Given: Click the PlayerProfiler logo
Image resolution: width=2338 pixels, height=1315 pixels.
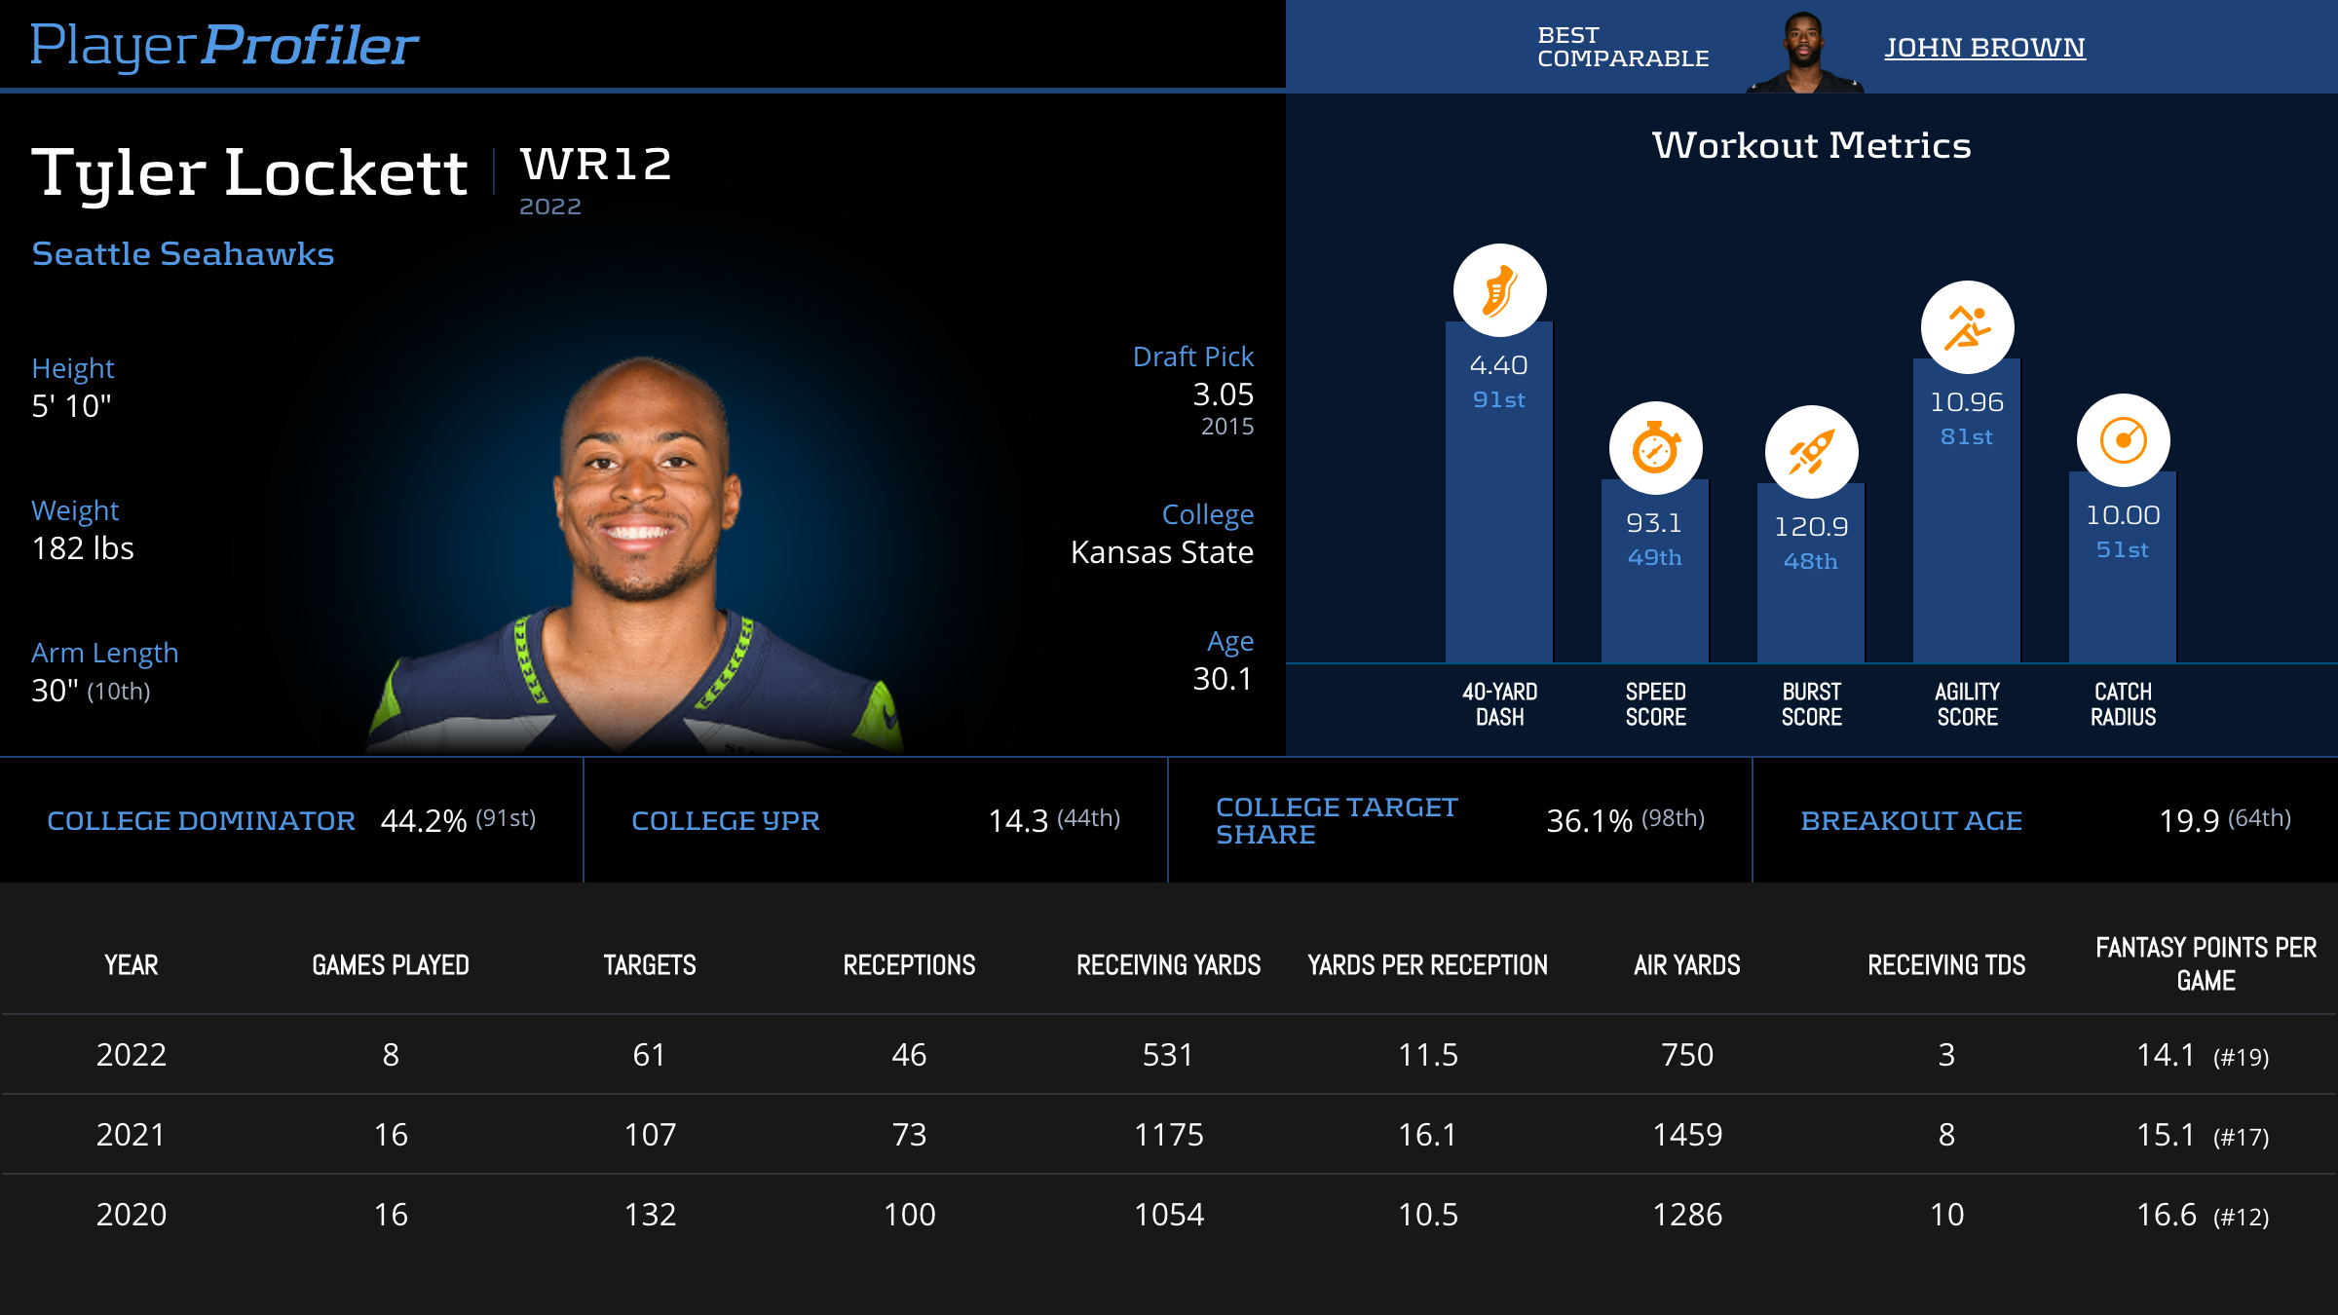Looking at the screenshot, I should pyautogui.click(x=224, y=45).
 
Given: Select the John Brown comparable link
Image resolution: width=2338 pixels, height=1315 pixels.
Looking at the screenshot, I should pyautogui.click(x=1984, y=48).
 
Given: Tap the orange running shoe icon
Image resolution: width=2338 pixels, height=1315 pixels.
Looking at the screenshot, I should pyautogui.click(x=1499, y=290).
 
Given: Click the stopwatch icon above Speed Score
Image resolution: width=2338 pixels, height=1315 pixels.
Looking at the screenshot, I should pyautogui.click(x=1655, y=448).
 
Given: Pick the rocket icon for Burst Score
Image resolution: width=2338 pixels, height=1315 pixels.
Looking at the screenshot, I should pyautogui.click(x=1811, y=452).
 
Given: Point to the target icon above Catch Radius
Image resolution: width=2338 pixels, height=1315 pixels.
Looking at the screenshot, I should pyautogui.click(x=2123, y=440).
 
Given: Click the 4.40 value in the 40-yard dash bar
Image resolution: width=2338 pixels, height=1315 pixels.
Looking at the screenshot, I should pyautogui.click(x=1498, y=365).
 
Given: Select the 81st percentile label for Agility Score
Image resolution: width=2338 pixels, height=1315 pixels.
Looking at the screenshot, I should pyautogui.click(x=1966, y=437).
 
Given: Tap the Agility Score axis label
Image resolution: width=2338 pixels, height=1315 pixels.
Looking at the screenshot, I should pyautogui.click(x=1967, y=704).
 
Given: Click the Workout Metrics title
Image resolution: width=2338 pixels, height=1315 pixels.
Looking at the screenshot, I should pyautogui.click(x=1811, y=145).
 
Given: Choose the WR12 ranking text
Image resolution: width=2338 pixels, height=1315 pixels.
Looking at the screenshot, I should pyautogui.click(x=595, y=164).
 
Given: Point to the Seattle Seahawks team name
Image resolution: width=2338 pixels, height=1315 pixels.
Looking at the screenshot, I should pyautogui.click(x=183, y=253).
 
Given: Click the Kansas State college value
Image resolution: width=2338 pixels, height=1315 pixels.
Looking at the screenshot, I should pyautogui.click(x=1161, y=552).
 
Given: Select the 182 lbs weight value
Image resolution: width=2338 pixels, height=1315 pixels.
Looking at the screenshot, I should pyautogui.click(x=83, y=548).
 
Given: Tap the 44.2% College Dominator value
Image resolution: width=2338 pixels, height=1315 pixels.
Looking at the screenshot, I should pyautogui.click(x=424, y=821).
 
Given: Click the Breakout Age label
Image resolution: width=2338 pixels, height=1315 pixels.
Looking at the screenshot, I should pyautogui.click(x=1911, y=821).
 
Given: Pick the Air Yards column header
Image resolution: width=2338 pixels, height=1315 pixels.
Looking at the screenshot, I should pyautogui.click(x=1686, y=965).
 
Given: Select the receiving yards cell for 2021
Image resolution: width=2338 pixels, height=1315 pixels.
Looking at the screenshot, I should pyautogui.click(x=1168, y=1135).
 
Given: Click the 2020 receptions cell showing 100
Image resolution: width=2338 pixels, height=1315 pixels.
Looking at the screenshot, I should pyautogui.click(x=909, y=1215).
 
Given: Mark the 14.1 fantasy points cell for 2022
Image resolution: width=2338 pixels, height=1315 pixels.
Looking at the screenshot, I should pyautogui.click(x=2166, y=1055).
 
